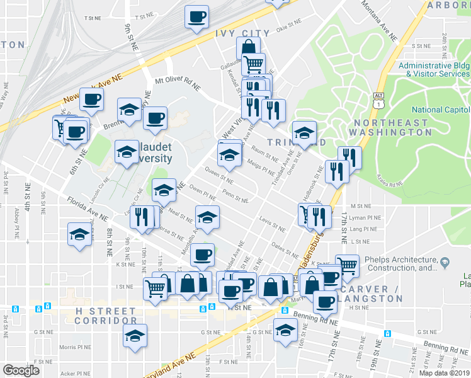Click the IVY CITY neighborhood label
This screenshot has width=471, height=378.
coord(242,33)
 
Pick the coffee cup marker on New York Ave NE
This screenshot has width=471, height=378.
coord(92,100)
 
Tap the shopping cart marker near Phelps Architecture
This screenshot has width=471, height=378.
coord(346,265)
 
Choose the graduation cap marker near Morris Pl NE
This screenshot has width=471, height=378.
coord(135,335)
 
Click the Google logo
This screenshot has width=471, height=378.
coord(21,370)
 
